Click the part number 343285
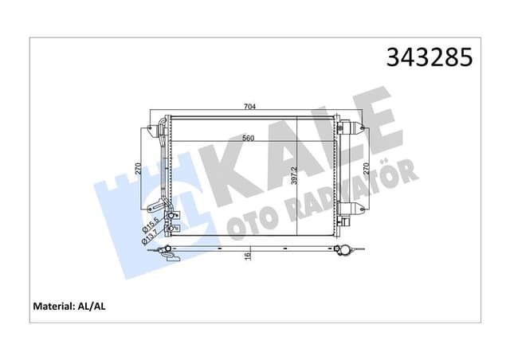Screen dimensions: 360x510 [x=429, y=58]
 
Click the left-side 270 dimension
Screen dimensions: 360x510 [x=138, y=169]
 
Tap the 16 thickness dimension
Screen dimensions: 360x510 [x=248, y=255]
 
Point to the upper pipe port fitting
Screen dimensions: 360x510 [x=169, y=211]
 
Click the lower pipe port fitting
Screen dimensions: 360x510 [x=169, y=231]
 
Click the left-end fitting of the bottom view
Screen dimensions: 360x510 [x=165, y=252]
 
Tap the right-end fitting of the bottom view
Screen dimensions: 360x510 [x=343, y=251]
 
